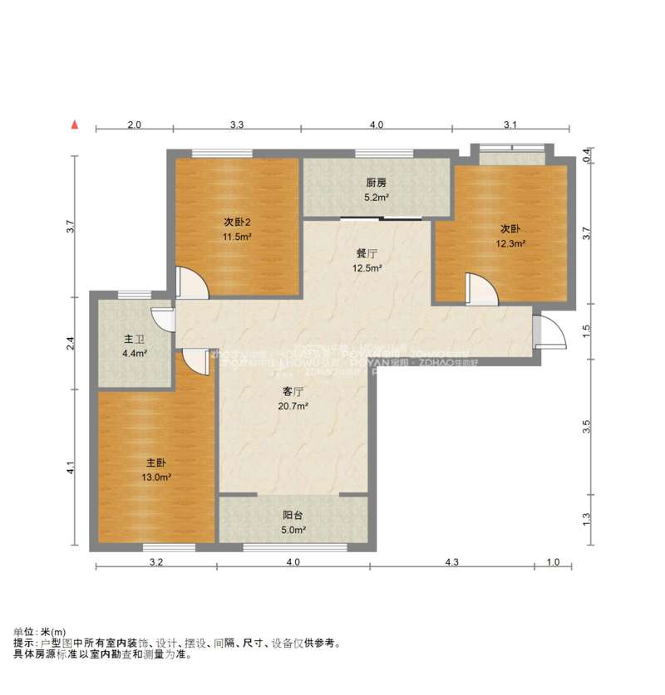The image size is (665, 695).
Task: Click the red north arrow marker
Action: click(75, 125)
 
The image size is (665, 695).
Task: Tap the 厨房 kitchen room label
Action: click(376, 183)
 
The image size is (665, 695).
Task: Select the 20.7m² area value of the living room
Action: click(293, 407)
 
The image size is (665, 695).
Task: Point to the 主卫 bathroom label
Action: click(134, 339)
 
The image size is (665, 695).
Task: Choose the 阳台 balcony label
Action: click(293, 515)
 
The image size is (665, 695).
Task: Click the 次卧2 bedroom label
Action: click(236, 222)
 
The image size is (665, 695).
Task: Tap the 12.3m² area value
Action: click(512, 244)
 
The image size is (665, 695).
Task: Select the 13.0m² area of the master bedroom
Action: click(158, 477)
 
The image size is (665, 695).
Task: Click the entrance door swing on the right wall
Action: click(549, 331)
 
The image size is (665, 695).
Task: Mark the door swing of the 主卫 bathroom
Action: click(161, 320)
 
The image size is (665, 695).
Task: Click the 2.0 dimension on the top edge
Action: click(134, 125)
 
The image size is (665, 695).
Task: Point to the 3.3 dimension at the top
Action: click(236, 125)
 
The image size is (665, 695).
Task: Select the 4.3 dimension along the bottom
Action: click(451, 563)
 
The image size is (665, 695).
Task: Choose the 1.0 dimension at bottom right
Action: click(553, 563)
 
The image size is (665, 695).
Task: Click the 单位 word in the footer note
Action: click(22, 632)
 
